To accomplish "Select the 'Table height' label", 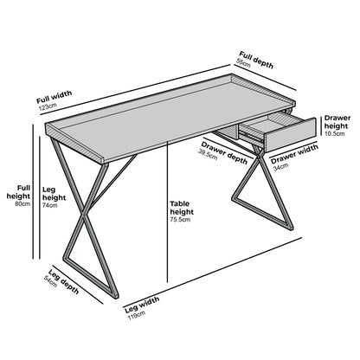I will [x=182, y=208].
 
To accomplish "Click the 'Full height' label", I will [x=16, y=193].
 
